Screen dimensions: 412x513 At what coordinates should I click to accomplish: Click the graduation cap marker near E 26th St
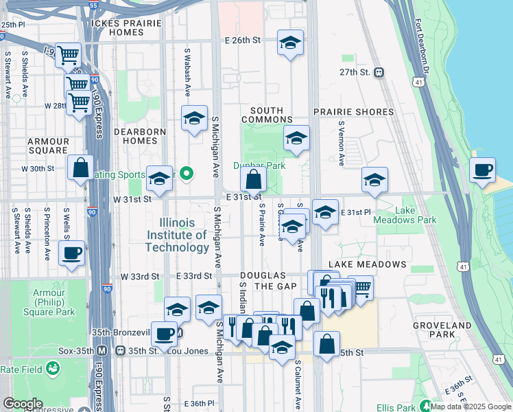coord(290,43)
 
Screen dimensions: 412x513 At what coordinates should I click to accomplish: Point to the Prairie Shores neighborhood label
coord(353,111)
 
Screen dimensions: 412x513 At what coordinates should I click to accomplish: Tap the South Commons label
coord(267,115)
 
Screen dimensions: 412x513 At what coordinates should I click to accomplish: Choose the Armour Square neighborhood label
coord(48,146)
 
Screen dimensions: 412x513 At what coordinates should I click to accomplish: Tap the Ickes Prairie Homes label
coord(126,27)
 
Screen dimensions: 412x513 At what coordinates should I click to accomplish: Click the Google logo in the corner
coord(23,404)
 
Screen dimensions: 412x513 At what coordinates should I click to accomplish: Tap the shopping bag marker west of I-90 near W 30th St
coord(80,168)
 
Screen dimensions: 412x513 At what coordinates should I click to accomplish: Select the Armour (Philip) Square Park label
coord(53,303)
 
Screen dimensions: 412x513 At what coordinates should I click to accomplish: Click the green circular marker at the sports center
coord(184,173)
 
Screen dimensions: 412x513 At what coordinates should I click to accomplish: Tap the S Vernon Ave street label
coord(341,144)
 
